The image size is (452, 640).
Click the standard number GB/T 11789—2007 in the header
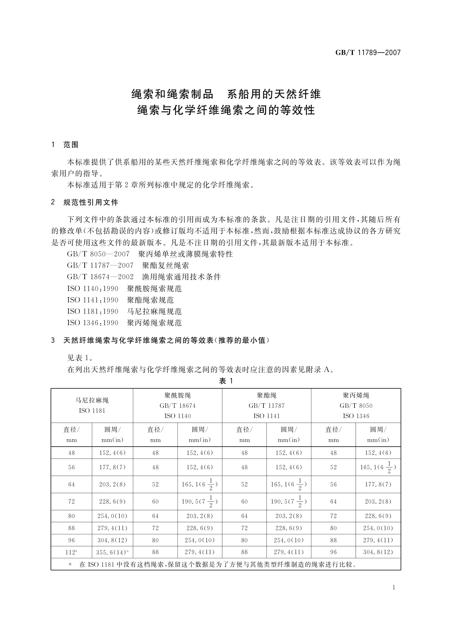(x=368, y=53)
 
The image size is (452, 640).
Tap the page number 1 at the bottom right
(x=394, y=588)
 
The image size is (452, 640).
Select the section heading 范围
(x=71, y=145)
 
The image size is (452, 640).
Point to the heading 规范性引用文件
(x=91, y=202)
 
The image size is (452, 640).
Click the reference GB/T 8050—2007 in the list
(x=98, y=254)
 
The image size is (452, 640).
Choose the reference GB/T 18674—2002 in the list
(x=100, y=277)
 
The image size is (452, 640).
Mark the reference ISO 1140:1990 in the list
(x=93, y=288)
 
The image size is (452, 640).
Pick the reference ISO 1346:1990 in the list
(x=93, y=323)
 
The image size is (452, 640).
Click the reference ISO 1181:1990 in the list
(x=93, y=311)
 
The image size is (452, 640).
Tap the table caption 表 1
(x=226, y=381)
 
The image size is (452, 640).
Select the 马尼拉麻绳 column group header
(x=92, y=405)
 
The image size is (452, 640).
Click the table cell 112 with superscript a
(x=72, y=552)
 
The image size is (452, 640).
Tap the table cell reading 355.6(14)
(x=112, y=552)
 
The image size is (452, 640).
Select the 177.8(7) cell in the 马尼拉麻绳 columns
(x=112, y=467)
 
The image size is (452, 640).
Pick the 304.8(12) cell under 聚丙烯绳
(x=378, y=552)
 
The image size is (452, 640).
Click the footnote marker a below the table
(x=70, y=564)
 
